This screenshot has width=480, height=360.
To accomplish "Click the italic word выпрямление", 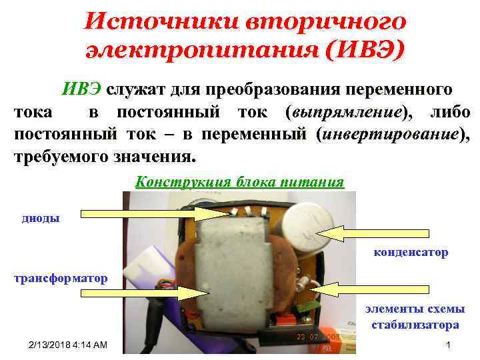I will [345, 112].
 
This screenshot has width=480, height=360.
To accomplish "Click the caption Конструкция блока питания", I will [239, 182].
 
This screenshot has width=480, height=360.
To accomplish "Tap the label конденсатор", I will [411, 253].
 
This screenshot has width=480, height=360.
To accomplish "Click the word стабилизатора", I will [415, 325].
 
